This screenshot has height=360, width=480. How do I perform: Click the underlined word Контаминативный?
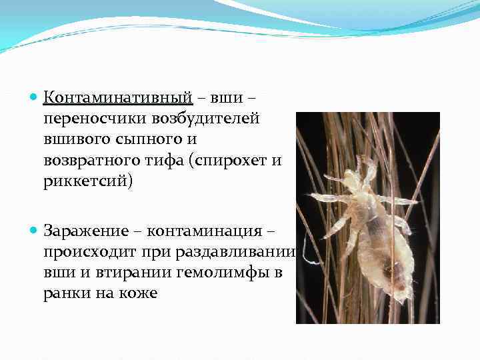(118, 98)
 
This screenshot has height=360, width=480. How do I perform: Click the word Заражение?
(87, 231)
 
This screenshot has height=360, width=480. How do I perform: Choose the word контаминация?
(205, 231)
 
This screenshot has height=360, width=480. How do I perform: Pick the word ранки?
(65, 293)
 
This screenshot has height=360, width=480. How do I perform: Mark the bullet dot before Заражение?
(34, 231)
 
